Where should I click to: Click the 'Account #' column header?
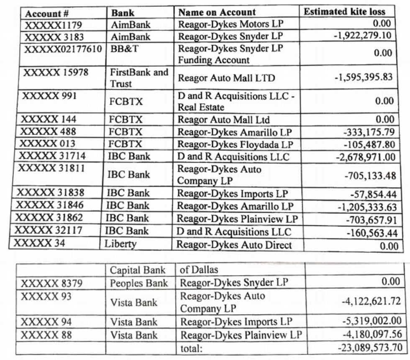point(47,13)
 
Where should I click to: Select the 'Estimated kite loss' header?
point(344,12)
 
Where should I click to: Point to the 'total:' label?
point(191,348)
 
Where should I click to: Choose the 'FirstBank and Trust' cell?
point(138,78)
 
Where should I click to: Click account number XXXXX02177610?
point(63,49)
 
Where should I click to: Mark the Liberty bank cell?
point(121,243)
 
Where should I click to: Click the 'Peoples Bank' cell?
point(138,283)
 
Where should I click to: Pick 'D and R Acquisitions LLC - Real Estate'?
point(236,102)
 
